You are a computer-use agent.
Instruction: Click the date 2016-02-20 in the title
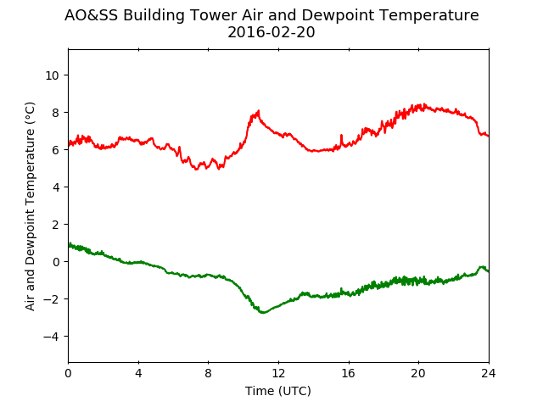coord(271,32)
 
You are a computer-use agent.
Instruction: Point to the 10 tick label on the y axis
coord(53,75)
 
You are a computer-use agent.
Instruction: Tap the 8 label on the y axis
coord(55,113)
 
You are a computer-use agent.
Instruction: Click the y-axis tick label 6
coord(55,150)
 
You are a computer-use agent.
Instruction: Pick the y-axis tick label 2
coord(55,225)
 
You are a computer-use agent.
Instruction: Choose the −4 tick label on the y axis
coord(51,337)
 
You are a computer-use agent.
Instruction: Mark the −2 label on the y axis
coord(51,299)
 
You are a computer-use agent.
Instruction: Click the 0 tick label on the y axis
coord(55,262)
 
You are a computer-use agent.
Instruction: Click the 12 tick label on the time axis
coord(278,373)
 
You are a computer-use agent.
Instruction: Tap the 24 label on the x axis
coord(489,373)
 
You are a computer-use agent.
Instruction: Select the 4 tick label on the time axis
coord(138,373)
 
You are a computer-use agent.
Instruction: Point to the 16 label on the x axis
coord(349,373)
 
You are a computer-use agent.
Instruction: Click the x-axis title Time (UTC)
coord(278,391)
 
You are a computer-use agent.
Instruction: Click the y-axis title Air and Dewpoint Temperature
coord(31,206)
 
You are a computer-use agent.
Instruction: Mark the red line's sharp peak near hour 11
coord(258,111)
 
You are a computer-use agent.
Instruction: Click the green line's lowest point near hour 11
coord(263,313)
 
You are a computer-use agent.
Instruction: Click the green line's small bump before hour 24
coord(481,267)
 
